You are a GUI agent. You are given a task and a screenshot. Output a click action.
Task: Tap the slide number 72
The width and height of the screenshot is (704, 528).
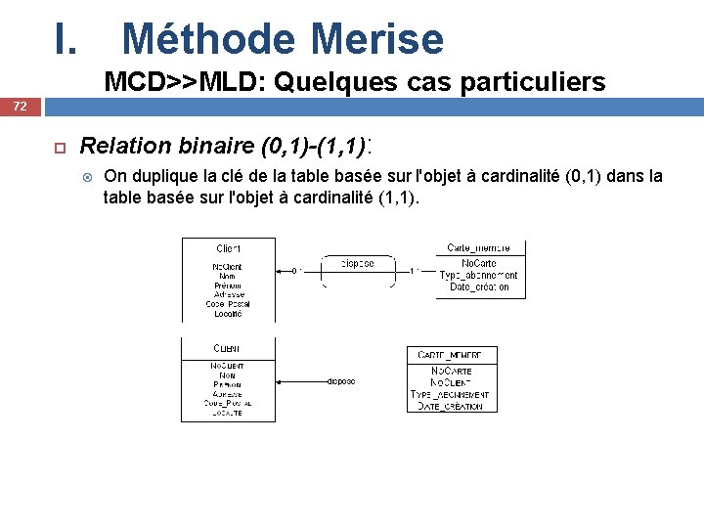20,105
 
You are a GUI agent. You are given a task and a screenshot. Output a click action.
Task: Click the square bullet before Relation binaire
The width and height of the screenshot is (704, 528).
58,148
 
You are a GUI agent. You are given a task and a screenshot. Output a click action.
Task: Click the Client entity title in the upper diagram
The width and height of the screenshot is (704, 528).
229,248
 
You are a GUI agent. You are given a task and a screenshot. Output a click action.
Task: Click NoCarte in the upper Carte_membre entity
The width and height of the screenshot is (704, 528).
479,264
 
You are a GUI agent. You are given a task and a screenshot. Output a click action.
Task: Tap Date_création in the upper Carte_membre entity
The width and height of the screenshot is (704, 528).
479,286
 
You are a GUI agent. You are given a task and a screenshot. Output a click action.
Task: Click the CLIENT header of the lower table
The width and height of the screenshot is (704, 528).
227,349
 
